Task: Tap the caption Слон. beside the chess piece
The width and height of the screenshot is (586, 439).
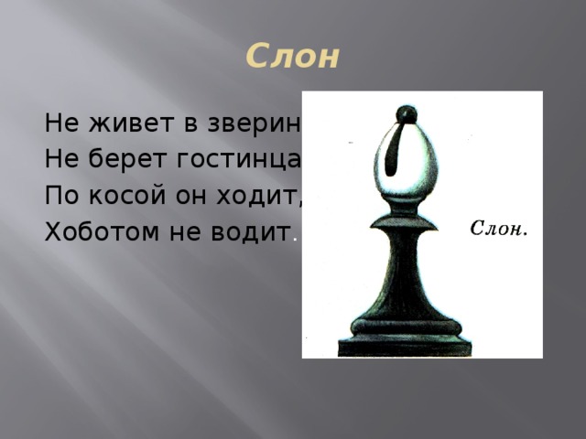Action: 498,227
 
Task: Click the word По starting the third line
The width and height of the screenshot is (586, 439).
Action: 60,196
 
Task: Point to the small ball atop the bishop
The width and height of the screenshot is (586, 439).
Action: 403,114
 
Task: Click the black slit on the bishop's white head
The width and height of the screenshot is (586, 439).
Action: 396,151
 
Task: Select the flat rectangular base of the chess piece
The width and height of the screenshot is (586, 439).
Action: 405,347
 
